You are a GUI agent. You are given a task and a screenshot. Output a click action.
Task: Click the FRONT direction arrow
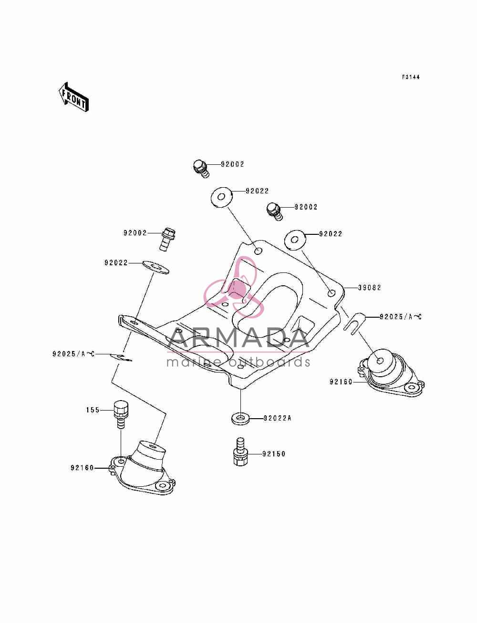pyautogui.click(x=73, y=97)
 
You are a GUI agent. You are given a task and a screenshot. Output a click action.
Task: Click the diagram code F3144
pyautogui.click(x=411, y=77)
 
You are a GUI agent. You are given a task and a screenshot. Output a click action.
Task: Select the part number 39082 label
pyautogui.click(x=369, y=288)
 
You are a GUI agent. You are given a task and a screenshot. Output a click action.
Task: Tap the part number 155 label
pyautogui.click(x=93, y=410)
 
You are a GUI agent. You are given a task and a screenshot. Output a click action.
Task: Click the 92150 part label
pyautogui.click(x=274, y=454)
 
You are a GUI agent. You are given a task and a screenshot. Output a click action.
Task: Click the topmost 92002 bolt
pyautogui.click(x=201, y=169)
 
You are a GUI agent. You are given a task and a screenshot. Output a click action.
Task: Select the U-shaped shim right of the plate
pyautogui.click(x=354, y=323)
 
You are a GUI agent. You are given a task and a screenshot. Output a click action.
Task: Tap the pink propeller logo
pyautogui.click(x=234, y=287)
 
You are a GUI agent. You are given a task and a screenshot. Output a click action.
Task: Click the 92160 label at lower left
pyautogui.click(x=82, y=468)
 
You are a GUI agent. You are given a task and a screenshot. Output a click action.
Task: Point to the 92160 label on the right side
pyautogui.click(x=341, y=382)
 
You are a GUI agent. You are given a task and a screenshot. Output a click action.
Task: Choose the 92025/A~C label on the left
pyautogui.click(x=73, y=354)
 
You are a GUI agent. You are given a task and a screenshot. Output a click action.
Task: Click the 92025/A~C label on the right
pyautogui.click(x=401, y=317)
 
